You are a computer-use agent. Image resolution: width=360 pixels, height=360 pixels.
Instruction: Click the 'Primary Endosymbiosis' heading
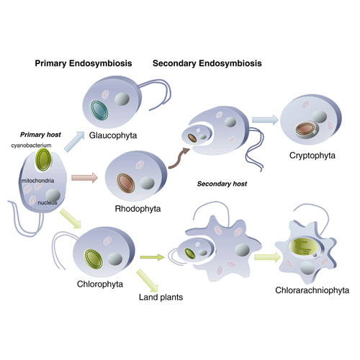point(84,63)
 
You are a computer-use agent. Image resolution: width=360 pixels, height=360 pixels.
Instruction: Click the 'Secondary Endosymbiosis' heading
point(207,63)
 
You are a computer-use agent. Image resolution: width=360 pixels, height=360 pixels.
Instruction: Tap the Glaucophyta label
point(113,135)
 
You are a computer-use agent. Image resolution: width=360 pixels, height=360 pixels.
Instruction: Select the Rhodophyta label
point(138,209)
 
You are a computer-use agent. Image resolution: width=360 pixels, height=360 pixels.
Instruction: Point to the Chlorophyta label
point(100,284)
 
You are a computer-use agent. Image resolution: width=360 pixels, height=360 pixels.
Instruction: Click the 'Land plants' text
point(161,297)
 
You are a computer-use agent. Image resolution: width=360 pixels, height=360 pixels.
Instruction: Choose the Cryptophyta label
point(312,156)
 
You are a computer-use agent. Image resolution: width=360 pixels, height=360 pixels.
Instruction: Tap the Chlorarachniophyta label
point(312,290)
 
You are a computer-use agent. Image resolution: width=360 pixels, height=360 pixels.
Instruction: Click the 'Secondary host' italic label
point(222,184)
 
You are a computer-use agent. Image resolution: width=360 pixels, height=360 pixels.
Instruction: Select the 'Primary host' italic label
point(40,135)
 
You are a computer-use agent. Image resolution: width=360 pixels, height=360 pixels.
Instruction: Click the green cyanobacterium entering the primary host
point(43,159)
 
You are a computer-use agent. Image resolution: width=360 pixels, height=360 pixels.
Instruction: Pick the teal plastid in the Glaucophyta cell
point(99,110)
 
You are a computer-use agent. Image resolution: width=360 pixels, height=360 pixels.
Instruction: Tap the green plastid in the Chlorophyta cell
point(94,259)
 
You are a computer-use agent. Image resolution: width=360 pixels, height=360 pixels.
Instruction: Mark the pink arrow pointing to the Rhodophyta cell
point(84,178)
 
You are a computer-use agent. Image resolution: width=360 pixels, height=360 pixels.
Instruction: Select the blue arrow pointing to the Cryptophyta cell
point(265,120)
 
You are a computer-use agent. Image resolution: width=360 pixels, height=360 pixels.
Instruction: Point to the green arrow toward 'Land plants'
point(148,281)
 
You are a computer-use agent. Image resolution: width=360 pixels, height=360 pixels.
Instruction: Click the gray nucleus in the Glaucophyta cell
point(122,99)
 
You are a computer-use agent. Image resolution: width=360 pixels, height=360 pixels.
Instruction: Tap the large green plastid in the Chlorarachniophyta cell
point(304,247)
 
